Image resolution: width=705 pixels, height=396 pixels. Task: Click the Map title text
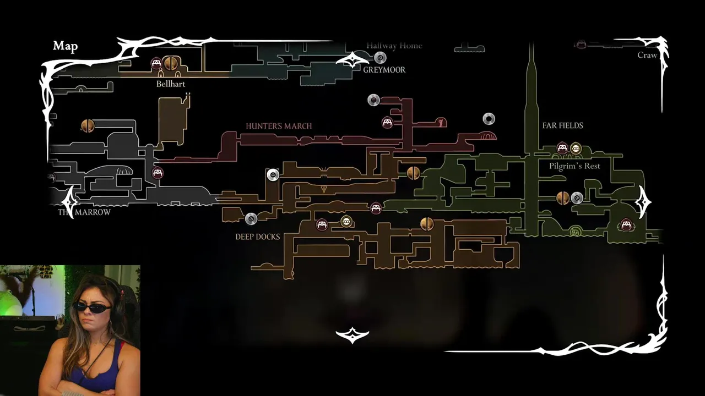pyautogui.click(x=65, y=46)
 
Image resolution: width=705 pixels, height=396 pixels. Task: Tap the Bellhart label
pyautogui.click(x=171, y=84)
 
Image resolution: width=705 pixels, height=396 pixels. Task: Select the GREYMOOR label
pyautogui.click(x=384, y=70)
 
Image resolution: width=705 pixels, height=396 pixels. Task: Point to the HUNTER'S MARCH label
pyautogui.click(x=279, y=126)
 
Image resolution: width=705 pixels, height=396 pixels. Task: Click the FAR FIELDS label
pyautogui.click(x=562, y=125)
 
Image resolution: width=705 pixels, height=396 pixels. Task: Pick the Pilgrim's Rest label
pyautogui.click(x=574, y=166)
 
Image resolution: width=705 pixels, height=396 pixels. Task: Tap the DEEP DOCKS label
pyautogui.click(x=258, y=237)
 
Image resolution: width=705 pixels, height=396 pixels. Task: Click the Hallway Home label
pyautogui.click(x=394, y=46)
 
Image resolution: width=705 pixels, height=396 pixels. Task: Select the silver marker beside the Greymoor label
pyautogui.click(x=380, y=57)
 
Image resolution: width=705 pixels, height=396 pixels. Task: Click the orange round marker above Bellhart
pyautogui.click(x=171, y=63)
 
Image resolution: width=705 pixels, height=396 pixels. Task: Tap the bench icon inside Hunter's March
pyautogui.click(x=387, y=122)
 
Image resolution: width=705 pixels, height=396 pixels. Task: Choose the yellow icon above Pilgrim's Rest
pyautogui.click(x=576, y=148)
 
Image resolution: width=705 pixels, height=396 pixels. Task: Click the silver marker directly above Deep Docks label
pyautogui.click(x=251, y=219)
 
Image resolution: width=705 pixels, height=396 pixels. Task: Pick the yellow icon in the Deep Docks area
pyautogui.click(x=346, y=221)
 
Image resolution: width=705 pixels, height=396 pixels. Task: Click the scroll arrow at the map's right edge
pyautogui.click(x=643, y=202)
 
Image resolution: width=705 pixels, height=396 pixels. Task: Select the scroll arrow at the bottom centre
pyautogui.click(x=352, y=334)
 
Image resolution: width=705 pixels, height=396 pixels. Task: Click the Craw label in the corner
pyautogui.click(x=647, y=55)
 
